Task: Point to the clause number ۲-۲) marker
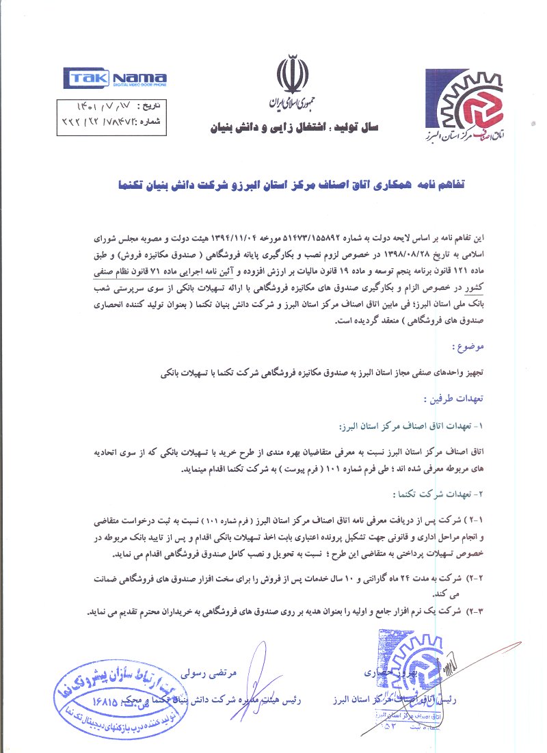click(474, 579)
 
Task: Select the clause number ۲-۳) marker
click(474, 612)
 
